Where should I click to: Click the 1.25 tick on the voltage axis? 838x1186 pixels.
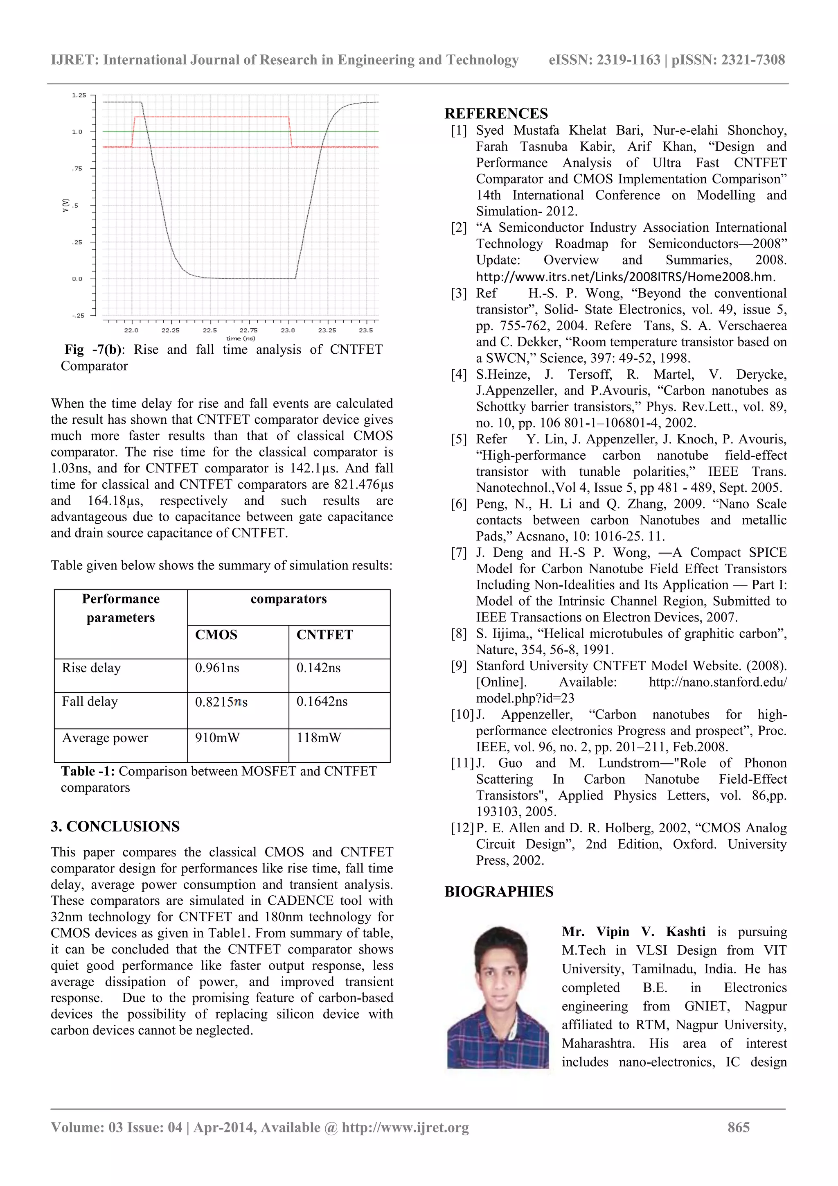79,95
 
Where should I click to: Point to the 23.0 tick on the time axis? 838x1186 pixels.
288,330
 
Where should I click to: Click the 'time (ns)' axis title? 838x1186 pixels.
241,338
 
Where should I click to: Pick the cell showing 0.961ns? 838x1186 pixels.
217,668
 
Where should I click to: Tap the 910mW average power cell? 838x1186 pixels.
217,738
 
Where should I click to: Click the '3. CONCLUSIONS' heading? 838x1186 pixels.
115,827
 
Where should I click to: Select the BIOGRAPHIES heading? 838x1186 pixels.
499,892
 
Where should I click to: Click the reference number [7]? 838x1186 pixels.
459,553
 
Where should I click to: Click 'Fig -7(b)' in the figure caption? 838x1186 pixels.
93,350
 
